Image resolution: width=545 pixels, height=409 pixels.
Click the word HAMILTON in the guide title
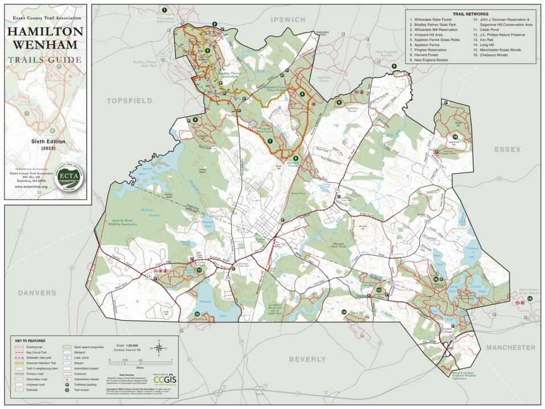[x=45, y=31]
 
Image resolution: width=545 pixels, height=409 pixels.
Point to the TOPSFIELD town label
[x=129, y=100]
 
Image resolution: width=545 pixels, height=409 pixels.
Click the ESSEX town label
[x=507, y=149]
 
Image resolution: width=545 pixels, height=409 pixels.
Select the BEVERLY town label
[x=307, y=359]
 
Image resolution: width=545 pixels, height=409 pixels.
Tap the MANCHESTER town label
[x=510, y=347]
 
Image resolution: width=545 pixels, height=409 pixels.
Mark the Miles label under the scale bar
[x=140, y=369]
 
